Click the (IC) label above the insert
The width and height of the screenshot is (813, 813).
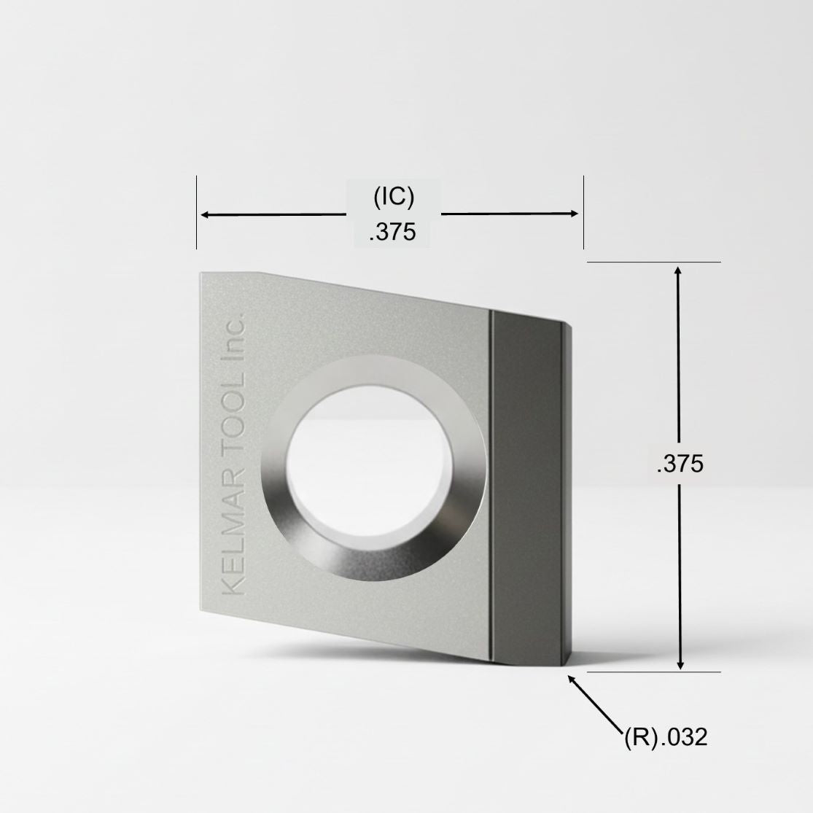tap(394, 197)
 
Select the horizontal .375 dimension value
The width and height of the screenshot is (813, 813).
tap(392, 232)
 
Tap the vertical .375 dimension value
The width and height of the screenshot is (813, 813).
tap(680, 464)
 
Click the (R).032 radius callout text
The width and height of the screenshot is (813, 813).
tap(666, 736)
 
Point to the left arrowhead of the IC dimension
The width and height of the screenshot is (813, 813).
tap(206, 214)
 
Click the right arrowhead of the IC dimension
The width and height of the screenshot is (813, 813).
tap(573, 213)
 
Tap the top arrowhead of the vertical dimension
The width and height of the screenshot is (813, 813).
tap(678, 271)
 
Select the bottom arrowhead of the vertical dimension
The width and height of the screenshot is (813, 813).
tap(681, 664)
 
